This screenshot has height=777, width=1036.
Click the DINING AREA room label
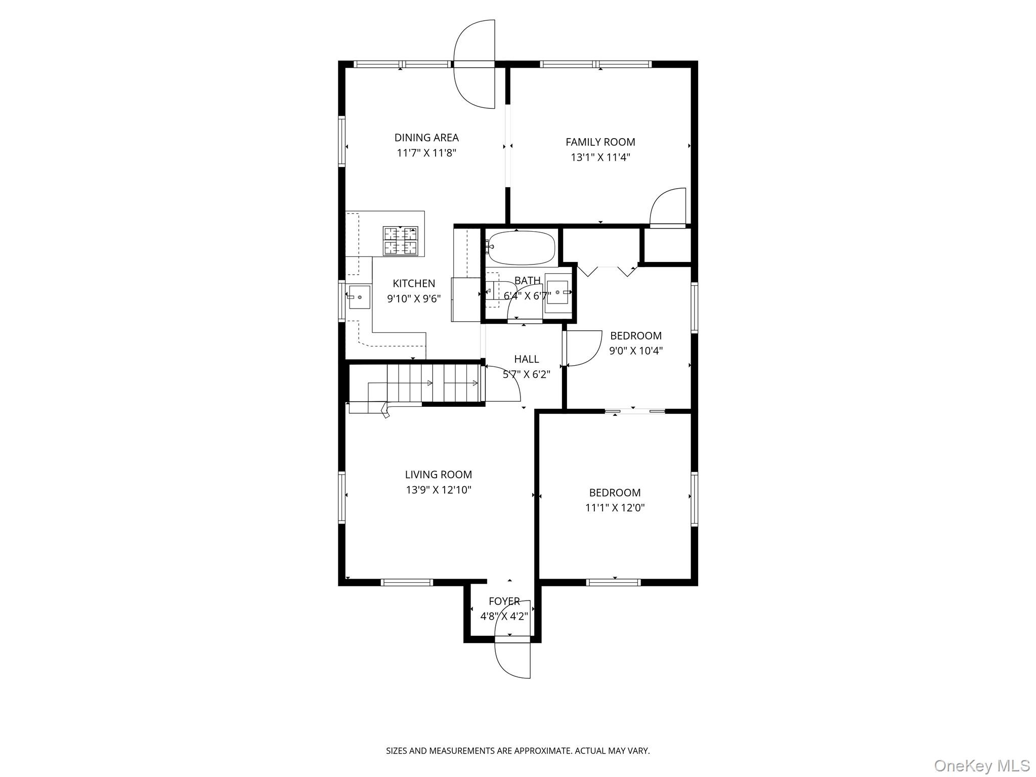426,138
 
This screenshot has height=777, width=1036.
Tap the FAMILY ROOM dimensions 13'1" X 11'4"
600,157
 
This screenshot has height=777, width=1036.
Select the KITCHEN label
414,283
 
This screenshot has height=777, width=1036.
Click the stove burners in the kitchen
401,241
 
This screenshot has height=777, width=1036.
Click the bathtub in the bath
521,248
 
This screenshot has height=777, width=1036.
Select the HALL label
526,359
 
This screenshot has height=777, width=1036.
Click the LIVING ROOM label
438,474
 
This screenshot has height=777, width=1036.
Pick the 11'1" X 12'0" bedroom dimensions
615,508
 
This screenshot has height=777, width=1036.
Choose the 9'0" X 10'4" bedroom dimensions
636,351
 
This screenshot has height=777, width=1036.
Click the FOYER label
504,601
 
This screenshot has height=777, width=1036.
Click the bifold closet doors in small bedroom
607,271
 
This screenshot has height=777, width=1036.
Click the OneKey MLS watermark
981,765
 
